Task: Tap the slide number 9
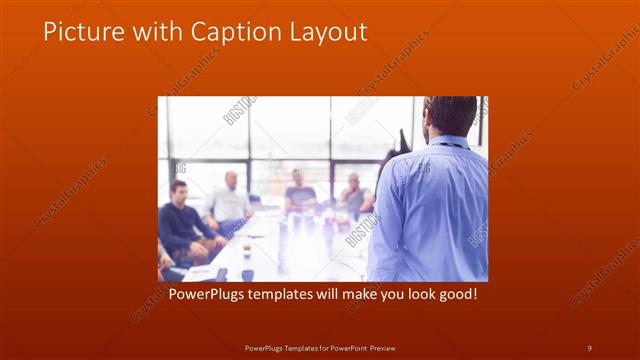[x=589, y=347]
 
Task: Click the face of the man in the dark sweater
[x=178, y=191]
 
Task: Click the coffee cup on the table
[x=246, y=249]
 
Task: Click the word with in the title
[x=149, y=32]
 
